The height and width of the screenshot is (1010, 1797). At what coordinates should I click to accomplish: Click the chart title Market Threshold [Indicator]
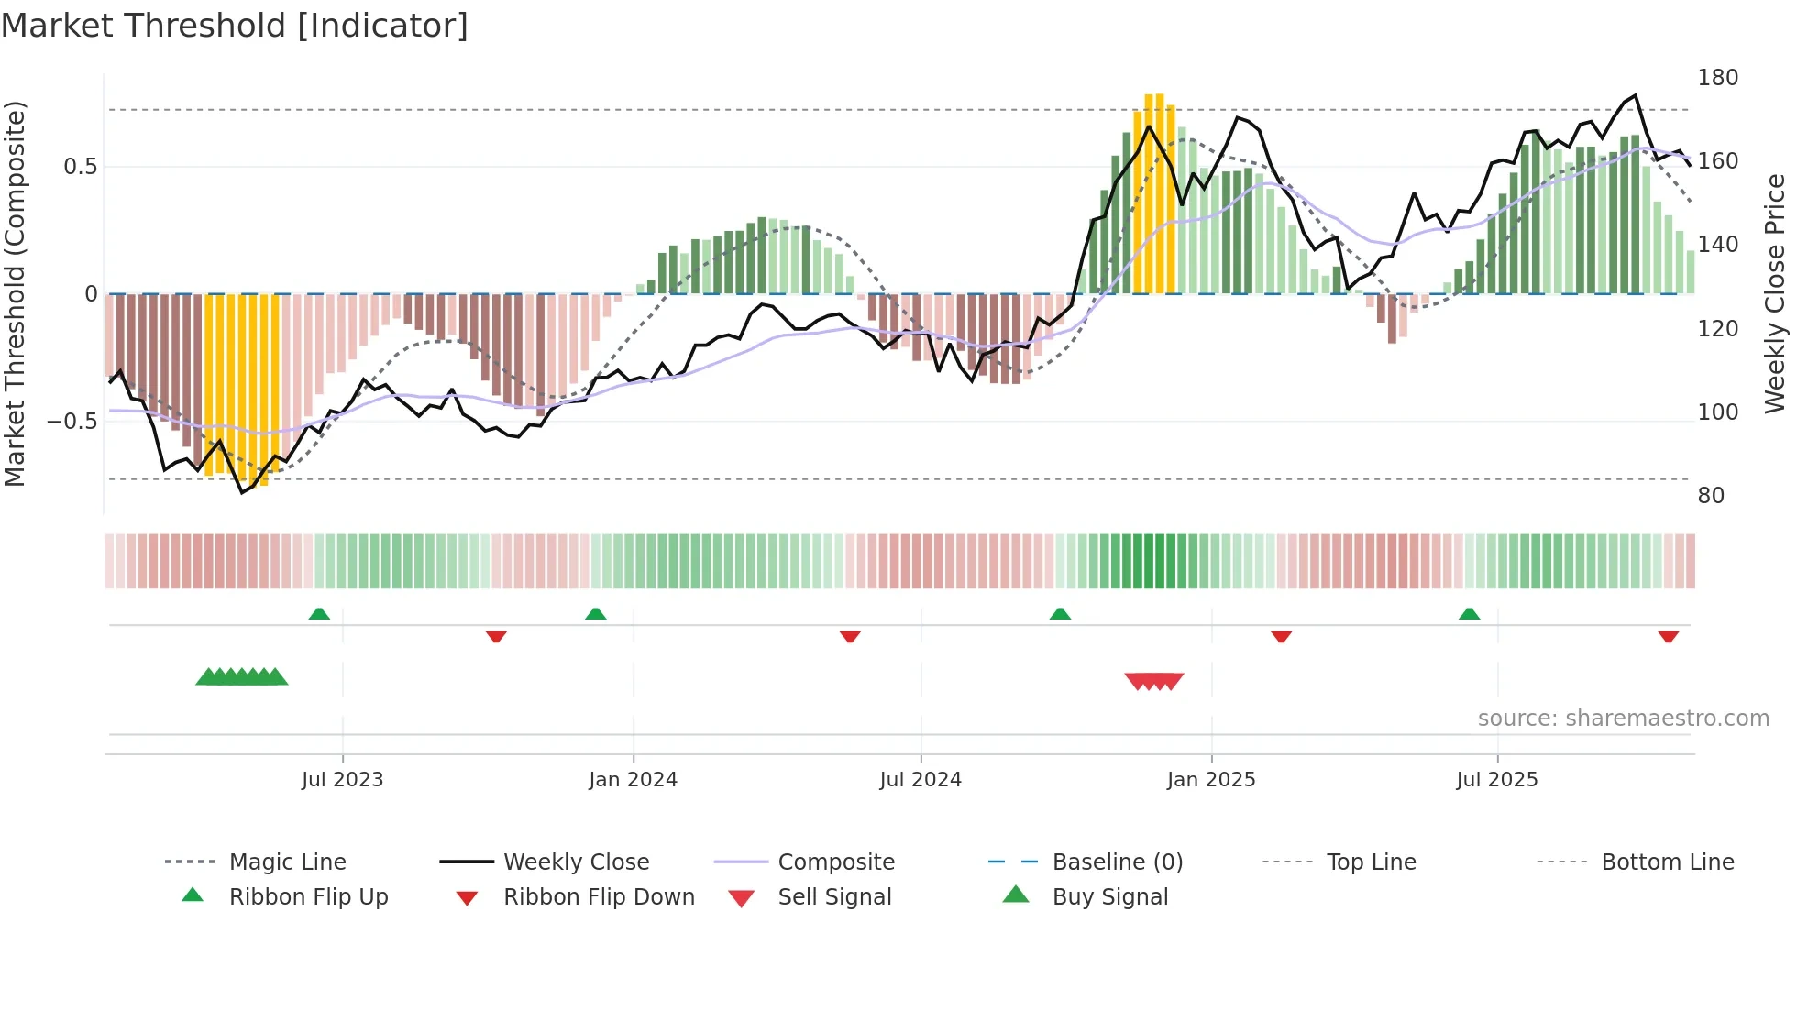tap(235, 26)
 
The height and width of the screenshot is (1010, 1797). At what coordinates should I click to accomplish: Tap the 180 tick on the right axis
tap(1717, 78)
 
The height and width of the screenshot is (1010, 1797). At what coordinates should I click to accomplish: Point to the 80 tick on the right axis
tap(1711, 496)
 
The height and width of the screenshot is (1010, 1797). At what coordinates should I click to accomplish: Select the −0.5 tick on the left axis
tap(72, 422)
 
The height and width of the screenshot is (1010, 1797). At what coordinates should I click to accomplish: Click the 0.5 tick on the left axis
tap(80, 167)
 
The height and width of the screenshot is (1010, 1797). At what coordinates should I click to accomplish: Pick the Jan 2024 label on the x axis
tap(633, 780)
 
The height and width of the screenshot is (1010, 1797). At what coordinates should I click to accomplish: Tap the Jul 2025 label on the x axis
tap(1496, 780)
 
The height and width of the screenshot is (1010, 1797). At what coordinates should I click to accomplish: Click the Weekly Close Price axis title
tap(1775, 293)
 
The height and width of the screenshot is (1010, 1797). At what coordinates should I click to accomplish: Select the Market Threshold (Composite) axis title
tap(15, 293)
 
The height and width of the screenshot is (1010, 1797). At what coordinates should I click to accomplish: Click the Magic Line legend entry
tap(287, 862)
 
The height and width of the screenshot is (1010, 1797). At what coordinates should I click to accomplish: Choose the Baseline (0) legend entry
tap(1117, 862)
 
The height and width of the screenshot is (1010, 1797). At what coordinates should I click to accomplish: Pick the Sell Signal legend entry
tap(833, 897)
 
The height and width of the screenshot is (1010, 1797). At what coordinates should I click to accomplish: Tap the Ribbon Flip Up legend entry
tap(308, 897)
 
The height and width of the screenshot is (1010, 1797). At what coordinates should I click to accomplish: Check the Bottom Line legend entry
tap(1667, 862)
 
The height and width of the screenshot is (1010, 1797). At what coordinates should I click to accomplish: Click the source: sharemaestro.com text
tap(1623, 719)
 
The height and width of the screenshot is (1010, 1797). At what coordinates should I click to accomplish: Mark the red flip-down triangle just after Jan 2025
tap(1281, 636)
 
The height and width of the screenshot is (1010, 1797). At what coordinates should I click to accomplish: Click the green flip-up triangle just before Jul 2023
tap(319, 614)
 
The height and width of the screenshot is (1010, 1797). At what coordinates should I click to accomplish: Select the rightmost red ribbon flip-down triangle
tap(1668, 636)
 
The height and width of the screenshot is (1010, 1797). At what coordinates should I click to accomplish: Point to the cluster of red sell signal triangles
tap(1154, 681)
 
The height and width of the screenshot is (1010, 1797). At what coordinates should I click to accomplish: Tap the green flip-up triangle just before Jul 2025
tap(1469, 614)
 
